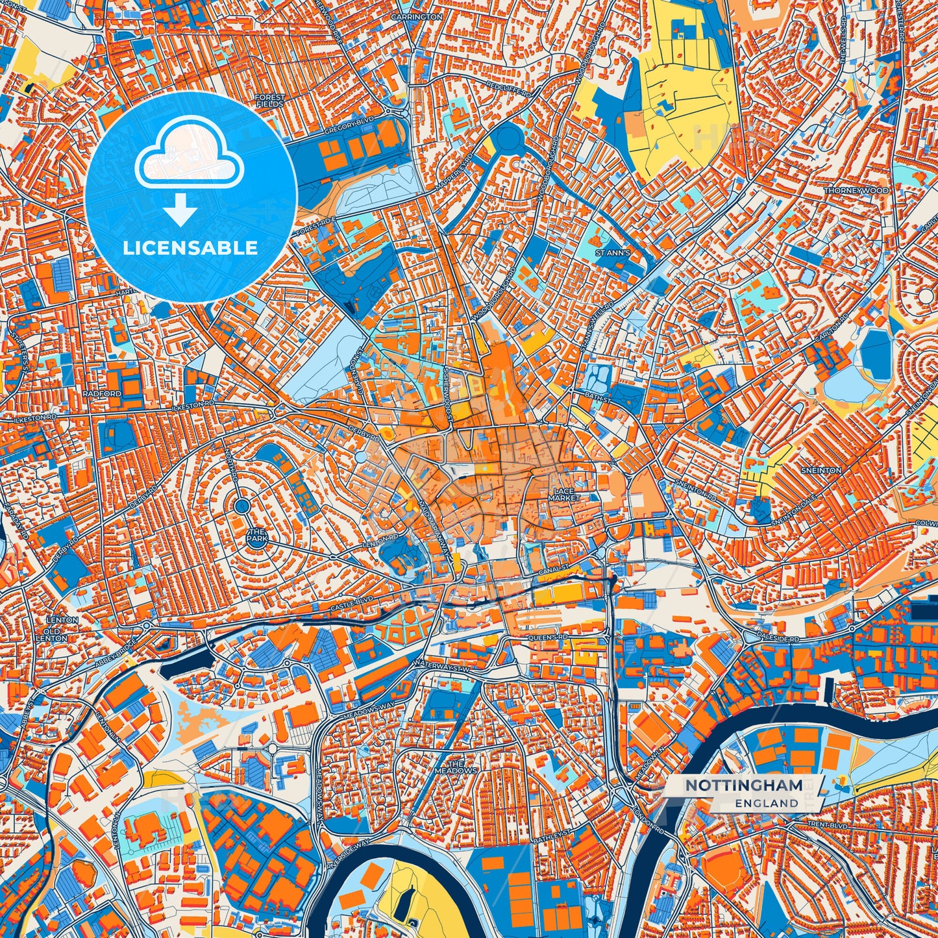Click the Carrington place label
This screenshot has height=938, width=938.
coord(416,17)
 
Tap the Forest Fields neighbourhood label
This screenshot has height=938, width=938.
coord(269,101)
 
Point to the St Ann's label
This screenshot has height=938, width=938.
coord(613,253)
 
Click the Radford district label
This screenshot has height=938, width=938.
coord(102,393)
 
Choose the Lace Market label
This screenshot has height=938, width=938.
coord(563,495)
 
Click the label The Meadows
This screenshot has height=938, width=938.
coord(456,767)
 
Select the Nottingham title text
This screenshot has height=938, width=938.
coord(743,785)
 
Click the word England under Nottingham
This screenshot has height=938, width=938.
coord(767,803)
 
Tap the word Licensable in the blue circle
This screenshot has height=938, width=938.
coord(190,248)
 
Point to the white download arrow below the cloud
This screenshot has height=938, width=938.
coord(180,211)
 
